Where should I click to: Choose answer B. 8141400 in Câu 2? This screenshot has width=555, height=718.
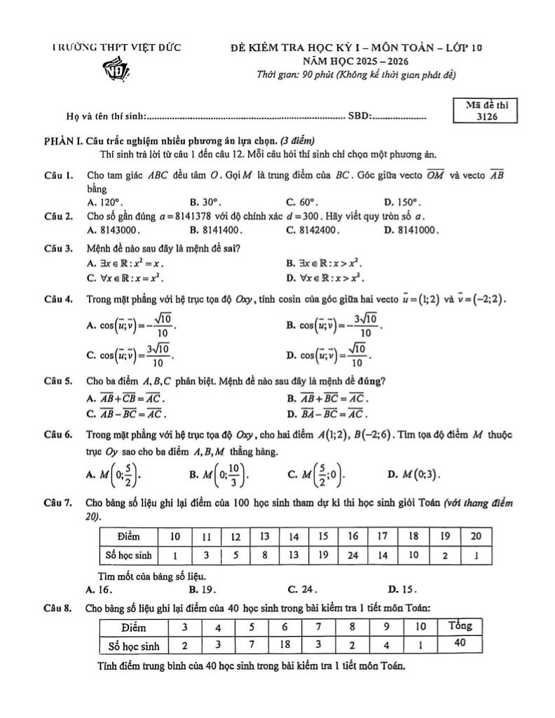pyautogui.click(x=216, y=229)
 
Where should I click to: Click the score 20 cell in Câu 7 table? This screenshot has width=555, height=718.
pyautogui.click(x=474, y=537)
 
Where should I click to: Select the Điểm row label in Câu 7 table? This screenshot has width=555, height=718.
pyautogui.click(x=129, y=537)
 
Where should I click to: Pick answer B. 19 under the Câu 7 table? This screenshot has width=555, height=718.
pyautogui.click(x=202, y=589)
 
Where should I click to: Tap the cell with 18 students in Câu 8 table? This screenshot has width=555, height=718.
pyautogui.click(x=285, y=644)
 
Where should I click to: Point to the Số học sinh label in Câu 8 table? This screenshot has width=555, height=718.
pyautogui.click(x=131, y=644)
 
